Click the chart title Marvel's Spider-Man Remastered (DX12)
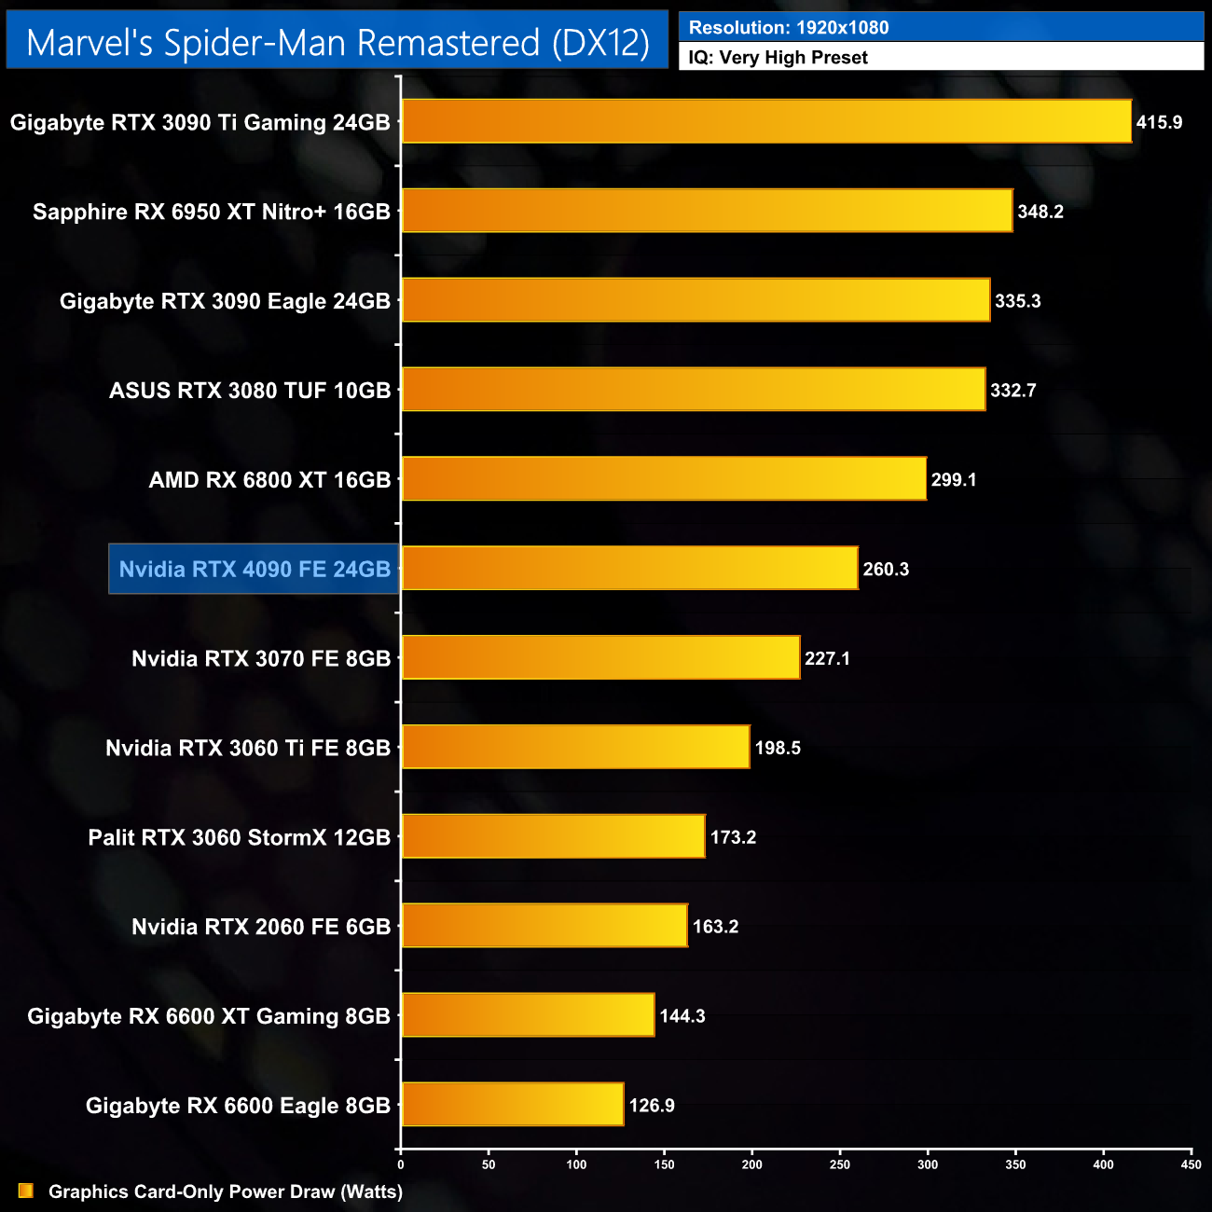(x=337, y=42)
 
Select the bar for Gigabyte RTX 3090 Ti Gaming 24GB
(x=766, y=121)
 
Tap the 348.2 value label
(x=1040, y=212)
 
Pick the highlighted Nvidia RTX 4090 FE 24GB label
(x=255, y=569)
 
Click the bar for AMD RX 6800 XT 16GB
(x=664, y=478)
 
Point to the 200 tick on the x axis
(x=752, y=1164)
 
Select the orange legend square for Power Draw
(x=26, y=1191)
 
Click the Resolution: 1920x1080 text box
(x=941, y=27)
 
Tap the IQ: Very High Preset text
(x=778, y=57)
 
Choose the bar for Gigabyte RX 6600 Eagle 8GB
(x=513, y=1104)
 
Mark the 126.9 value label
(x=652, y=1105)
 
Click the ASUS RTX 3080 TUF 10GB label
(x=250, y=390)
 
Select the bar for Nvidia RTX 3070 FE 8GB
(x=600, y=657)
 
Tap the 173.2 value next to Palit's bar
(x=733, y=836)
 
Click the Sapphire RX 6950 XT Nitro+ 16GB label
(x=212, y=212)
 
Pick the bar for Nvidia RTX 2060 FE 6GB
(x=544, y=925)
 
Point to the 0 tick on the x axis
(x=401, y=1164)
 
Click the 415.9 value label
(x=1159, y=122)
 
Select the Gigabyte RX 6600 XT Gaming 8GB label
(x=209, y=1015)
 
